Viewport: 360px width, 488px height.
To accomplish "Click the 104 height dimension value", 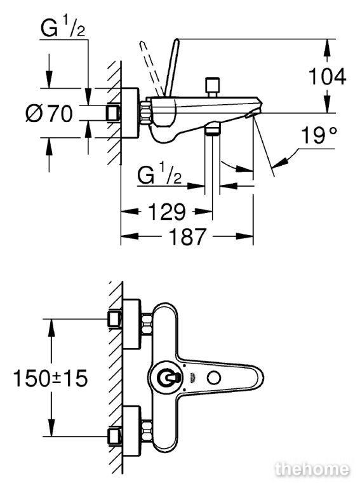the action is click(327, 76).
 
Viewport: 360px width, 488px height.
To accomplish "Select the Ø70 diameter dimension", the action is click(49, 113).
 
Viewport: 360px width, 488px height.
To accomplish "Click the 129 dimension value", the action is click(166, 212).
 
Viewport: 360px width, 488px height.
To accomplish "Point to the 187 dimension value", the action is click(187, 236).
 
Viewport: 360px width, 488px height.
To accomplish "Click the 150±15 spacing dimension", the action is click(50, 378).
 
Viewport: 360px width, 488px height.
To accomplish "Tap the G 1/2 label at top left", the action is click(63, 28).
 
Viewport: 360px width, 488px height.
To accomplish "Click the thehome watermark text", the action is click(312, 469).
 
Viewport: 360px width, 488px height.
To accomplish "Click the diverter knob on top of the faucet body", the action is click(213, 88).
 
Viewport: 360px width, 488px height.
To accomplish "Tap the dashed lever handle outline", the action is click(151, 68).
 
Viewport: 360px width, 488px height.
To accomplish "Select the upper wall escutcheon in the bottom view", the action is click(132, 323).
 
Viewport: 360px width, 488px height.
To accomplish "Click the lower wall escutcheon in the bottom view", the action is click(132, 430).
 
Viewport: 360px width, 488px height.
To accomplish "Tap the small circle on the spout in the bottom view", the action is click(214, 378).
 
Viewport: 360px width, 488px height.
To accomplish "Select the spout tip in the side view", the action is click(255, 111).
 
